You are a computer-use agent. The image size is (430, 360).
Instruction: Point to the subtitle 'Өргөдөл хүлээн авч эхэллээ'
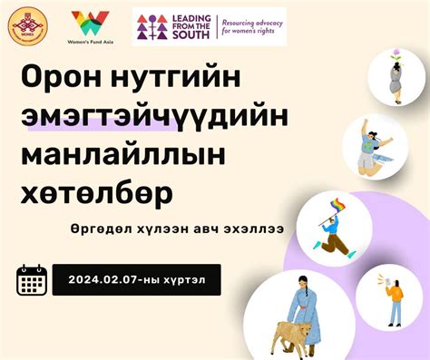pos(170,230)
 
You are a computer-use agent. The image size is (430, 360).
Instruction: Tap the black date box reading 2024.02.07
pos(136,279)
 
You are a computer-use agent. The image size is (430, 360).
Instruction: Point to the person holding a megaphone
pos(395,300)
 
